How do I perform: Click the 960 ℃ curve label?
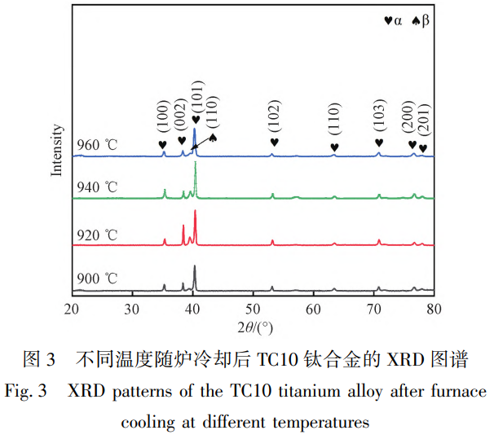pos(97,146)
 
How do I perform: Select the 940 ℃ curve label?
pos(97,187)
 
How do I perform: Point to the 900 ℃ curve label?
pos(97,279)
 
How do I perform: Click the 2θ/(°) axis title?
pos(254,327)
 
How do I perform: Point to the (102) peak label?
pos(274,119)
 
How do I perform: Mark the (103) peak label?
pos(378,119)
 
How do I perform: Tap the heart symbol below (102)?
pos(274,143)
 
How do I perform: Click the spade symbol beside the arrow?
pos(213,138)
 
